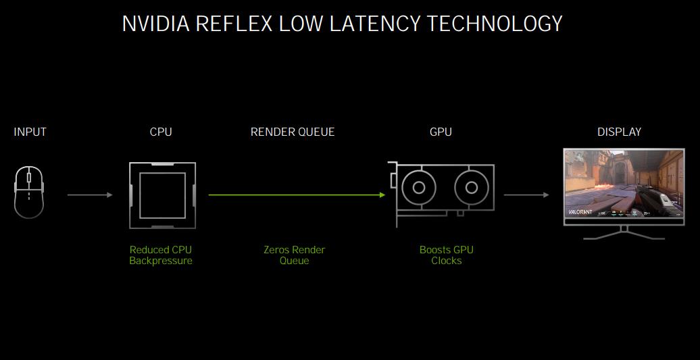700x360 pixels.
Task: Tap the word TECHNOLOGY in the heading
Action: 495,24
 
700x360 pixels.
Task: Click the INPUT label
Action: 30,132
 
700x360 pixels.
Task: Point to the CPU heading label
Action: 161,132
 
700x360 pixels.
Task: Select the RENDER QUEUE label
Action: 293,132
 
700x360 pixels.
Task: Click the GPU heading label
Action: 441,132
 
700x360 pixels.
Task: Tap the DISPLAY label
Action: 619,132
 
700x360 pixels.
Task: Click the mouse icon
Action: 29,193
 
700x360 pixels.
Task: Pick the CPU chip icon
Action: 162,195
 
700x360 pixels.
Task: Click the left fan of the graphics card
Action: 419,187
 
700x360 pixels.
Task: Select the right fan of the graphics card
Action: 472,187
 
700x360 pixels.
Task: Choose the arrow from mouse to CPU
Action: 90,195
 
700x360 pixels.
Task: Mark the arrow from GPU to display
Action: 526,195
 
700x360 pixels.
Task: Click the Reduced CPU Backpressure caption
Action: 161,255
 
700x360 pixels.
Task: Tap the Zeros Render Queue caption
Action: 294,255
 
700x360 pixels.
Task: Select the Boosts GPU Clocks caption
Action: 446,255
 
